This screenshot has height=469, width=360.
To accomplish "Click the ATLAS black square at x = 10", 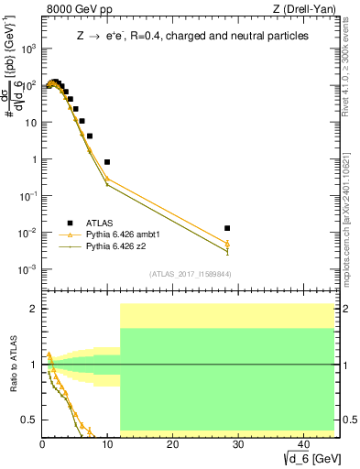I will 107,162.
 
